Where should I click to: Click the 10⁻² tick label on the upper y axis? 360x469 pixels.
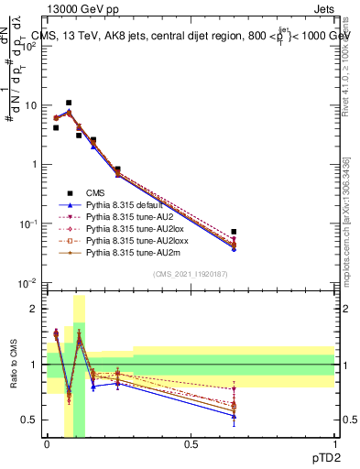(29, 283)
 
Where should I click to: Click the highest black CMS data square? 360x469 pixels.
(69, 104)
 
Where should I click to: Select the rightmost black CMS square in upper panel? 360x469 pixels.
(234, 232)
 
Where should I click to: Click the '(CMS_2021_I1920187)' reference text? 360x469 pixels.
(190, 274)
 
